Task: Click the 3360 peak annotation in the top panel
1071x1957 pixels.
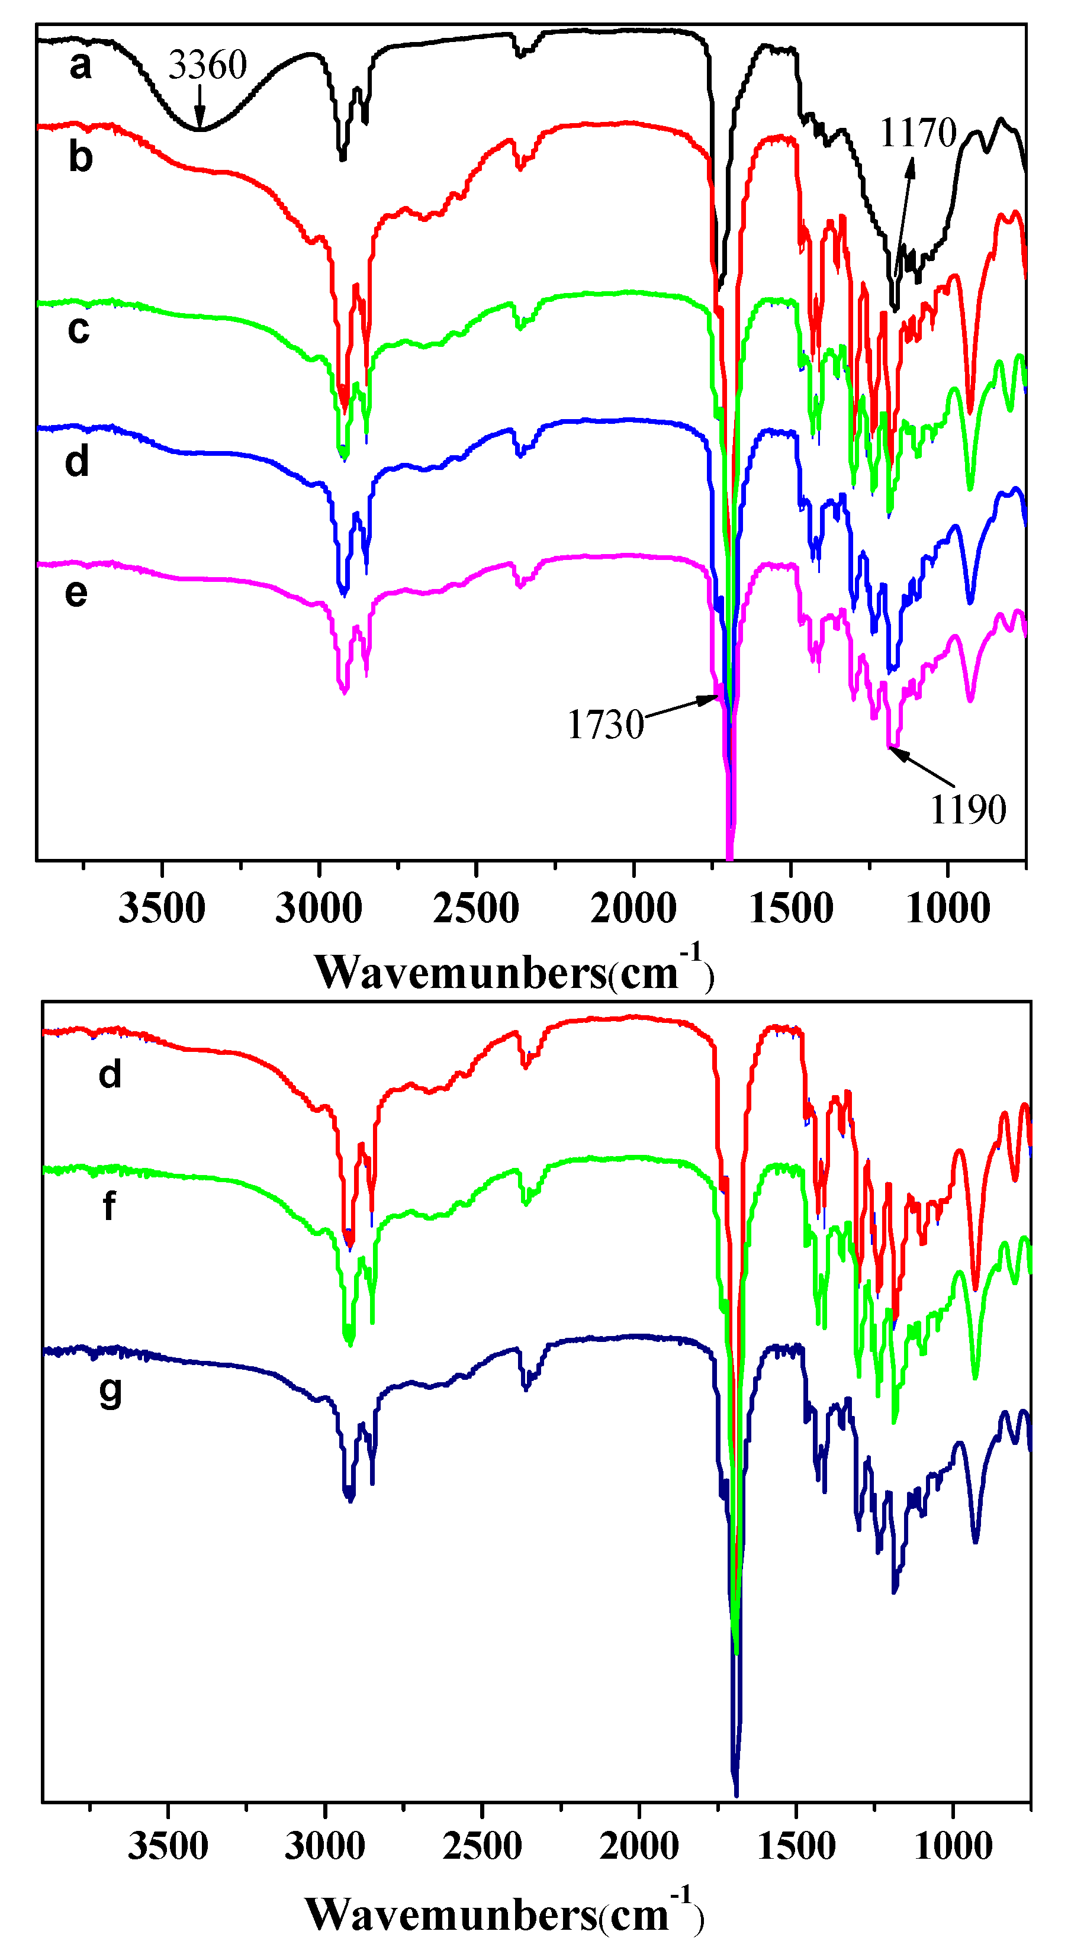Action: (207, 65)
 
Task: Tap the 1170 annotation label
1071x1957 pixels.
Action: (918, 134)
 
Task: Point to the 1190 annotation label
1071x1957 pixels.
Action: (968, 810)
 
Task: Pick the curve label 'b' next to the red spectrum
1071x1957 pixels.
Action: (81, 157)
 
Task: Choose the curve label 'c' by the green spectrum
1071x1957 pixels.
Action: (78, 330)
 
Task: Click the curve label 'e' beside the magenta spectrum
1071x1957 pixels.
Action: (76, 593)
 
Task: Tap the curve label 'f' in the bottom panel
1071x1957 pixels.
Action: (108, 1207)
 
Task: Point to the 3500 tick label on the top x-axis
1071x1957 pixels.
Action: (162, 909)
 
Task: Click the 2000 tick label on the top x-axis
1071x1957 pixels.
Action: (633, 909)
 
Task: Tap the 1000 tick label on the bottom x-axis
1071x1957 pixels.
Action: (953, 1846)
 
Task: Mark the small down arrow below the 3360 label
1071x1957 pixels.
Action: (200, 105)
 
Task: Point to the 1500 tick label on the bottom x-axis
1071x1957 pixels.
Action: (796, 1846)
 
